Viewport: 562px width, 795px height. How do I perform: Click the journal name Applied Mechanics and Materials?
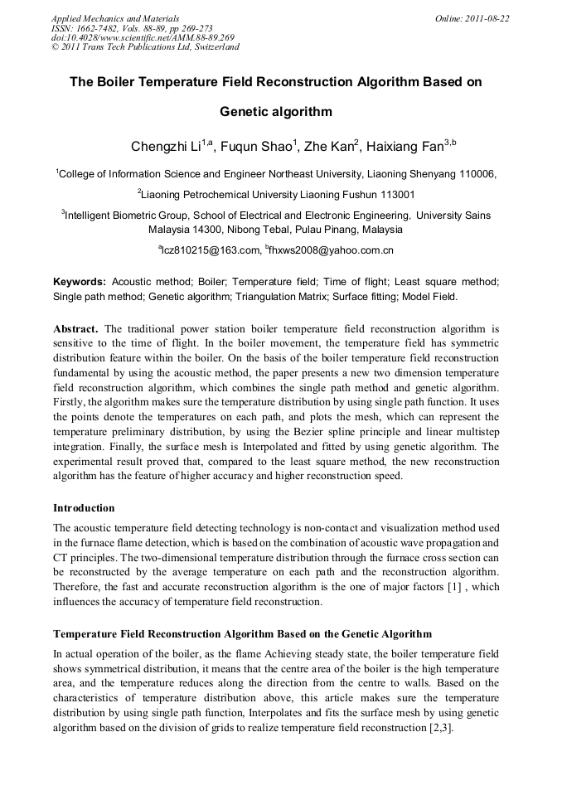(x=115, y=18)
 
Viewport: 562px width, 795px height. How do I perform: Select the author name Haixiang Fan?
(x=406, y=148)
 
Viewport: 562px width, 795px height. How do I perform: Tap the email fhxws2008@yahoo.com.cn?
(x=332, y=250)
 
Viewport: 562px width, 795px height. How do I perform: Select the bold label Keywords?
(x=80, y=282)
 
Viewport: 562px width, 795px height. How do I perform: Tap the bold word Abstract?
(x=76, y=327)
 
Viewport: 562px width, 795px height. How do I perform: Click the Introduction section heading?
(x=84, y=507)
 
